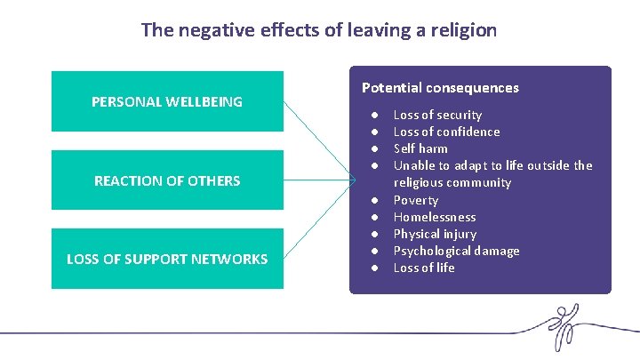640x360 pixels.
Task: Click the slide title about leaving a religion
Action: (319, 30)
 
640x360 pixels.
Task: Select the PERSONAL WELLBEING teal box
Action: (167, 101)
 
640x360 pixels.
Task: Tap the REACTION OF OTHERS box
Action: (167, 180)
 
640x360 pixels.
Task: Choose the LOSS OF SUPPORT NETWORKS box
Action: (167, 259)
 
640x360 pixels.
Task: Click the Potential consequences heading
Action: (440, 88)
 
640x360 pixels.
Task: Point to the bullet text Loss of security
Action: (437, 115)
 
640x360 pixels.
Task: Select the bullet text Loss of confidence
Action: (446, 132)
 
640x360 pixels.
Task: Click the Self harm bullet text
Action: (420, 148)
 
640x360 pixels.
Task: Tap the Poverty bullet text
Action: (416, 200)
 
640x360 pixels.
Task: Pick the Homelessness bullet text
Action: (435, 217)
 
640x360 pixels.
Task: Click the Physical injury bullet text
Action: (435, 234)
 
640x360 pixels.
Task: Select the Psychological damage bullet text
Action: (456, 251)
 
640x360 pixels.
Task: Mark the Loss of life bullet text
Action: (424, 268)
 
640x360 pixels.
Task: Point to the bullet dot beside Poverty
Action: (376, 200)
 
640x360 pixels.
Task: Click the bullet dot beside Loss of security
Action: (376, 115)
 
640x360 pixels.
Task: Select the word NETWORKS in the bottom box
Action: (233, 259)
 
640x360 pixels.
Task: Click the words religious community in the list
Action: (452, 182)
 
